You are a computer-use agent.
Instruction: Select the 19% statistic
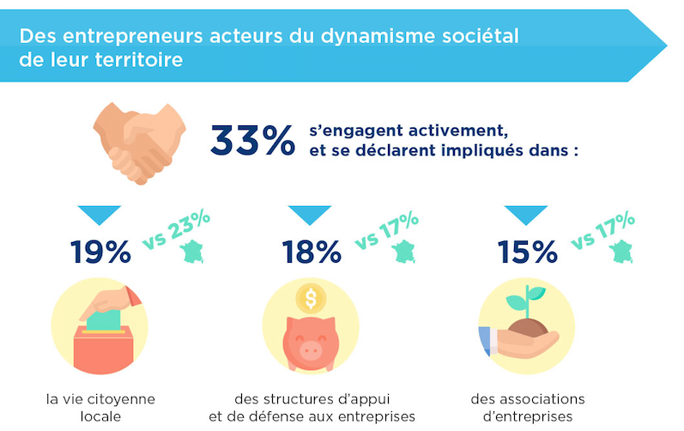101,251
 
